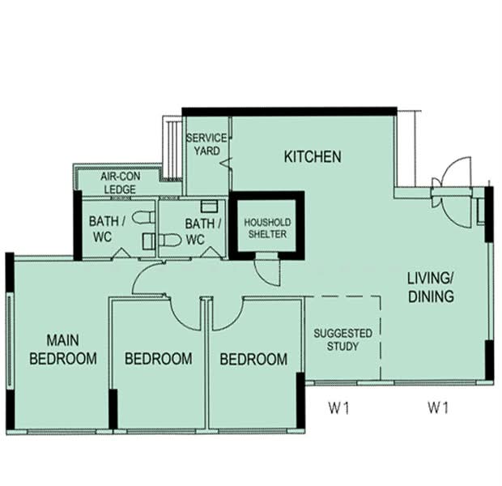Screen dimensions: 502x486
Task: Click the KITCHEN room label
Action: coord(313,156)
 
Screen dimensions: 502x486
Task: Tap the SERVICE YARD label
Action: coord(206,144)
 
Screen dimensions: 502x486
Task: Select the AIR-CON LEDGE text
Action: coord(120,182)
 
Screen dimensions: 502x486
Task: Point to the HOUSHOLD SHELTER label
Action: coord(267,228)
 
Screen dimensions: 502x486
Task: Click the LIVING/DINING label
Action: coord(431,288)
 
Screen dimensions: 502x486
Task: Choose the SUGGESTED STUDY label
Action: coord(342,339)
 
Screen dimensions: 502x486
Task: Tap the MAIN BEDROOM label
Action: coord(63,350)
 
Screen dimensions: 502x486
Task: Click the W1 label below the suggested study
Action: coord(339,408)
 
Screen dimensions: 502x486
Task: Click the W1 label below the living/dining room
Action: coord(439,407)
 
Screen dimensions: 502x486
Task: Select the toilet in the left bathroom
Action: coord(143,217)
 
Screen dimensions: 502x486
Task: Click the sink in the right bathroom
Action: coord(210,207)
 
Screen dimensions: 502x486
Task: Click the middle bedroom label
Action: coord(159,359)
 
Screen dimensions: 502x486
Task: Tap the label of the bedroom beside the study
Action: coord(253,360)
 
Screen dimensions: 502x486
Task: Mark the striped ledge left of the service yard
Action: coord(172,147)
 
